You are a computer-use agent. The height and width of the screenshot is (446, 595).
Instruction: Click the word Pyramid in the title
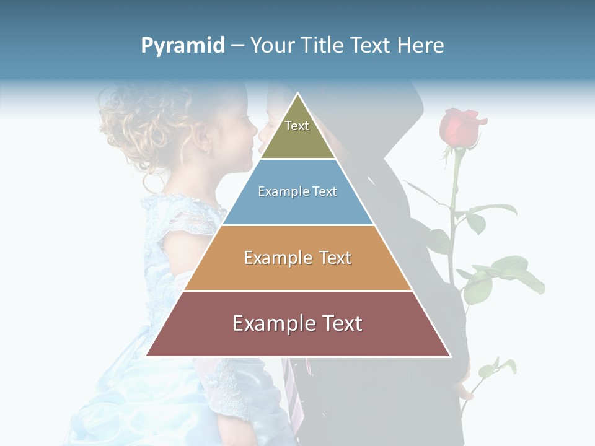pyautogui.click(x=183, y=46)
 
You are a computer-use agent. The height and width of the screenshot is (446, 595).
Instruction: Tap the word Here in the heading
pyautogui.click(x=421, y=46)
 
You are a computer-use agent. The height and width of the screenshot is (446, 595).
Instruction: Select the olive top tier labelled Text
pyautogui.click(x=297, y=133)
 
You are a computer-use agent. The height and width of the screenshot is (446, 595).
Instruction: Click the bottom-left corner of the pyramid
pyautogui.click(x=147, y=356)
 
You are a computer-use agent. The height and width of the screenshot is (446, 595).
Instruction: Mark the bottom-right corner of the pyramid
pyautogui.click(x=450, y=356)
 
